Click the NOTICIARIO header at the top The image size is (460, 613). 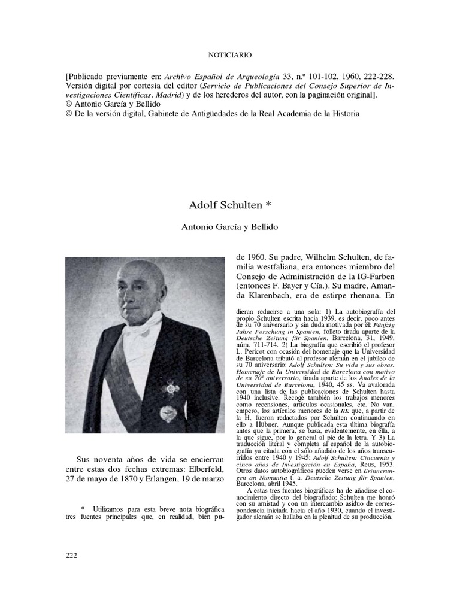tap(229, 54)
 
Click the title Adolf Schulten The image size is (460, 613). tap(229, 205)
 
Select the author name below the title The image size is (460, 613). tap(229, 227)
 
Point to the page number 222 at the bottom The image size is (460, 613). tap(71, 555)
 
